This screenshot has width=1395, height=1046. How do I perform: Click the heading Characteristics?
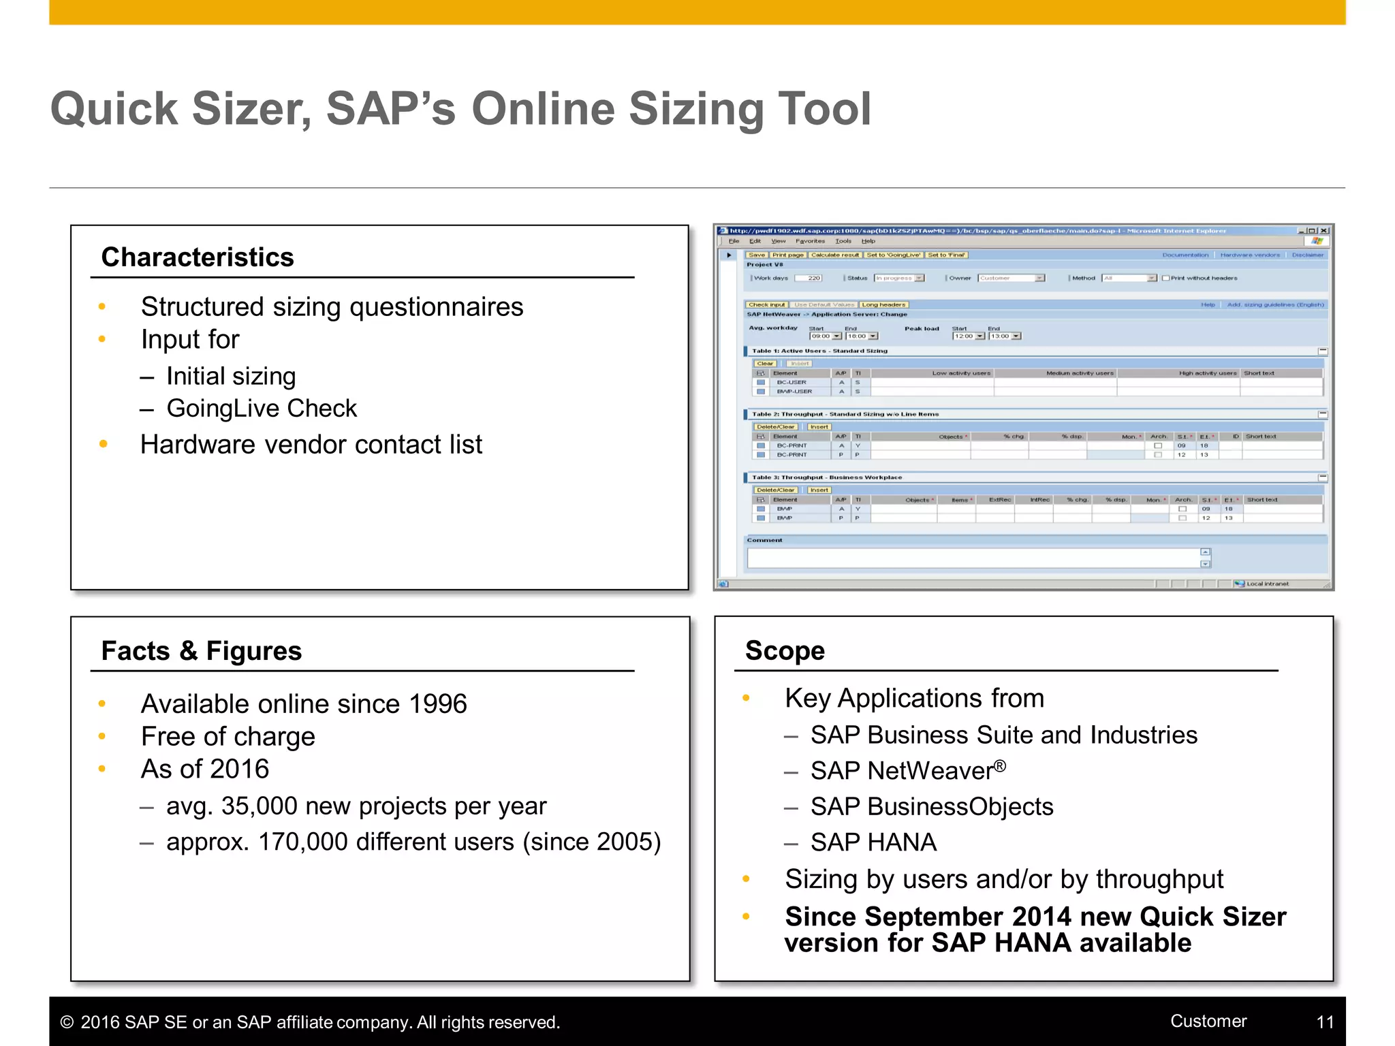click(198, 257)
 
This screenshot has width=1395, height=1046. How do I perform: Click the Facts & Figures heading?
click(201, 651)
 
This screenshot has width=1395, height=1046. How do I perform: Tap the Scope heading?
click(785, 651)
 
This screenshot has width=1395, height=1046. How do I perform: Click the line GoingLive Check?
click(262, 409)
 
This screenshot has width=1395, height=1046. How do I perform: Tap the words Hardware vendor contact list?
click(311, 445)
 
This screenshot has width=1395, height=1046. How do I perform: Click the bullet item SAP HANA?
click(873, 843)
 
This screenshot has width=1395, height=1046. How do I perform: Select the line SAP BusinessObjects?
click(931, 807)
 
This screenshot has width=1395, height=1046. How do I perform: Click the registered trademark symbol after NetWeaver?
click(999, 766)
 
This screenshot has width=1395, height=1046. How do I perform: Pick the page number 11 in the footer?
click(1325, 1022)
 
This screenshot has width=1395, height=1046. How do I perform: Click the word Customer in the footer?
click(1208, 1021)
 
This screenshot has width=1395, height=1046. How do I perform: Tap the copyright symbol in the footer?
click(67, 1022)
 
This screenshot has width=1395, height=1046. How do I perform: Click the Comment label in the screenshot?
click(764, 540)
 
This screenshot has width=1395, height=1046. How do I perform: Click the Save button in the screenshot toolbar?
click(757, 255)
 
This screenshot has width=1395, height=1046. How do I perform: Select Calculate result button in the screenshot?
click(835, 255)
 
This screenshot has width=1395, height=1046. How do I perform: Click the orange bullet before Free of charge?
click(102, 736)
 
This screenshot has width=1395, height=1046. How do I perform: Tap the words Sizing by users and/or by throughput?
click(1003, 880)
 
